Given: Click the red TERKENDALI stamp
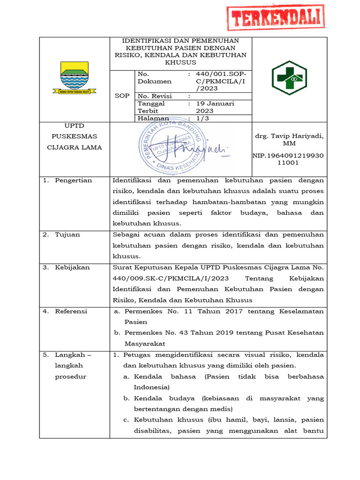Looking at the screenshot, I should coord(276,18).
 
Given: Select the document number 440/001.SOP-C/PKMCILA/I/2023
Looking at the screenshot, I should coord(217,81).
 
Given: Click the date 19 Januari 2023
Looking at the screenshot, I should coord(215,107).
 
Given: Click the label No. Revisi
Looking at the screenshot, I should coord(154,96).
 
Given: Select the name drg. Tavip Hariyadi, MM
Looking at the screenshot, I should coord(289,139).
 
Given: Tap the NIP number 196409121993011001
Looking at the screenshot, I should coord(289,159).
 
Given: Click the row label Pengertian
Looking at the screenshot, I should coord(73,180).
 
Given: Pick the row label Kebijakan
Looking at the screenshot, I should coord(72,267).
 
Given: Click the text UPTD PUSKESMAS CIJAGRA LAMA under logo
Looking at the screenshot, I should coord(74,136).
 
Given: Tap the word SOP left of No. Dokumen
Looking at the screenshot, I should coord(122,96).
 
